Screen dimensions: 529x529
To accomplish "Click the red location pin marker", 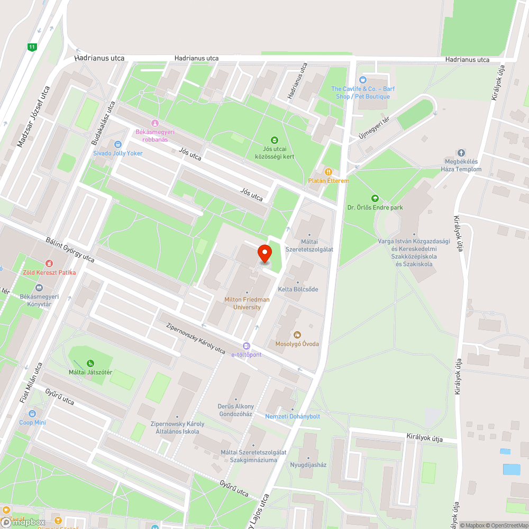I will point(264,254).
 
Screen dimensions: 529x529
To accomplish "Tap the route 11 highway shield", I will point(33,47).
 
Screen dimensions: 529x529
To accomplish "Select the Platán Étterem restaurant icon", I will point(329,172).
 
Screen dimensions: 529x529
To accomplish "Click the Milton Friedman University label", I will point(247,303).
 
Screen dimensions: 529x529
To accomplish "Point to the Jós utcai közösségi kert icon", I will point(274,140).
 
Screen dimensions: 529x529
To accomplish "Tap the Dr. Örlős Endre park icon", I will point(375,198).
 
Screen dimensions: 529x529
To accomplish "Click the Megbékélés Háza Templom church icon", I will point(461,153).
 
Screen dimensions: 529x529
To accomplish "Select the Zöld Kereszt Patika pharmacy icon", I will point(49,263).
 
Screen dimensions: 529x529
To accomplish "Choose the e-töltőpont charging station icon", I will point(246,346).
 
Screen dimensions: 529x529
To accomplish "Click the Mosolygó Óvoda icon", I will point(297,335).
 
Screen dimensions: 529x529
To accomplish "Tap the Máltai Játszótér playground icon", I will point(90,363).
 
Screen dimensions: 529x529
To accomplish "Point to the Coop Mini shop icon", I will point(33,414).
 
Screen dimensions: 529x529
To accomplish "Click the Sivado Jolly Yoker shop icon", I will point(117,144).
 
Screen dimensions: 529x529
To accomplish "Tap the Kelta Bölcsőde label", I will point(298,289).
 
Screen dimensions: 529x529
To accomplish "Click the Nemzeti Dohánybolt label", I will point(293,416).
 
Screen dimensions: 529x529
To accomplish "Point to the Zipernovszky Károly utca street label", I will point(196,339).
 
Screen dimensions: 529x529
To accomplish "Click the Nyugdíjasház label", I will point(308,465).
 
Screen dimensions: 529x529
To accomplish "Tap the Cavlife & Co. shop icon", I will point(363,80).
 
